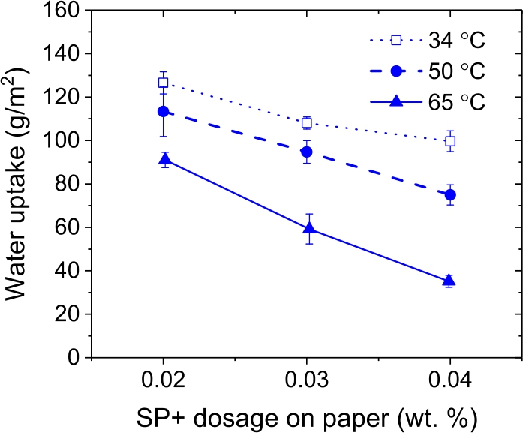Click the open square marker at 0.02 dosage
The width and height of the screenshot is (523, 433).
(x=163, y=83)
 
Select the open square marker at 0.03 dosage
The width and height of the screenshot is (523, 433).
(x=306, y=123)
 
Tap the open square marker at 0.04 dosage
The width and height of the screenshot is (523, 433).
(x=450, y=141)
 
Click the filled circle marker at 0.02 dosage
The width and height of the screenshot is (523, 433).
(x=163, y=111)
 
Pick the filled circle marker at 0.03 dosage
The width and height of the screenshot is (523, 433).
(x=306, y=152)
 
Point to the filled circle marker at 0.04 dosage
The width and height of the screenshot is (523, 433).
(x=450, y=195)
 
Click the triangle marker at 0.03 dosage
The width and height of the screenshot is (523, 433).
(x=306, y=228)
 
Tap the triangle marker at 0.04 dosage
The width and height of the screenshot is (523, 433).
(x=450, y=281)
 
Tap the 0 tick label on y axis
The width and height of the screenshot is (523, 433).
(x=74, y=357)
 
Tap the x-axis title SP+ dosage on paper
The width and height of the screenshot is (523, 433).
(x=306, y=415)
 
